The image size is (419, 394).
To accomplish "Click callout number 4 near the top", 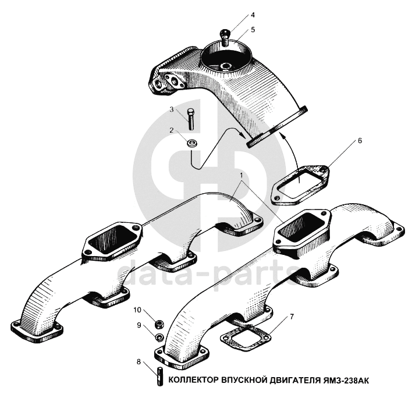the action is point(252,15).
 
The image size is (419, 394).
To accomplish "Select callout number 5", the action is point(253,30).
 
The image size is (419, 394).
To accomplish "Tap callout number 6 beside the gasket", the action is point(360,141).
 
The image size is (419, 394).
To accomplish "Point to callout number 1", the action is point(242,176).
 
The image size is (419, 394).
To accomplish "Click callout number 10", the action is point(137,310).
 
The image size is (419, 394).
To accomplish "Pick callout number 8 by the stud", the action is point(138,362).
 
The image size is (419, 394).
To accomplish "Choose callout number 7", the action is point(292,317).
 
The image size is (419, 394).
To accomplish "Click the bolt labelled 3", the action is point(191,119).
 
